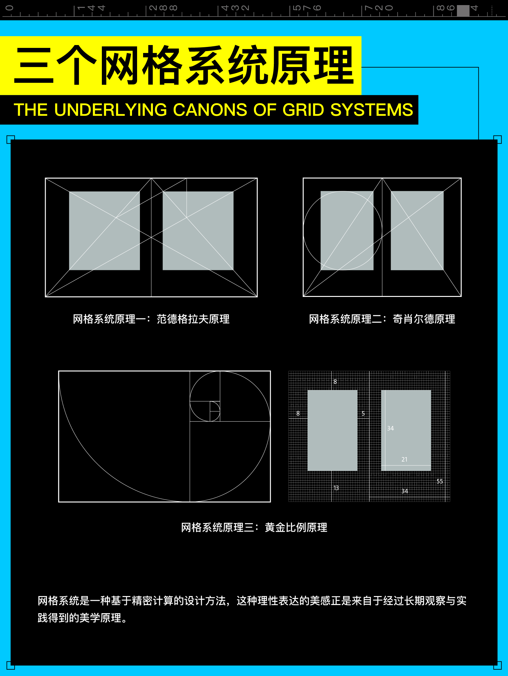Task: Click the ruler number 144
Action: pyautogui.click(x=91, y=8)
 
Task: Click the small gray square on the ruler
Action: pyautogui.click(x=463, y=10)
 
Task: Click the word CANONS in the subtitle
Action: pyautogui.click(x=210, y=110)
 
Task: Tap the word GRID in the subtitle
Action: pyautogui.click(x=303, y=110)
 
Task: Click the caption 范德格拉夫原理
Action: pyautogui.click(x=193, y=319)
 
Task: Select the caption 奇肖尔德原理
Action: pyautogui.click(x=424, y=319)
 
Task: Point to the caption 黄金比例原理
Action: pyautogui.click(x=296, y=528)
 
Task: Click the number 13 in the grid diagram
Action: pyautogui.click(x=336, y=488)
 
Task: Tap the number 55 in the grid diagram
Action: pyautogui.click(x=439, y=481)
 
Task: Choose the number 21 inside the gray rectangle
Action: pyautogui.click(x=404, y=459)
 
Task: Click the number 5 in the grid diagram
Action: pyautogui.click(x=363, y=413)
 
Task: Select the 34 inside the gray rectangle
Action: pyautogui.click(x=390, y=428)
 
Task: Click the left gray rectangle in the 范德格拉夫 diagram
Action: pyautogui.click(x=104, y=231)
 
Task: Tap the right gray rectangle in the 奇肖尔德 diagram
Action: pyautogui.click(x=417, y=231)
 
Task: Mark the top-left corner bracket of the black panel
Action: pyautogui.click(x=10, y=139)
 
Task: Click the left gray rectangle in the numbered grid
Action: pyautogui.click(x=332, y=430)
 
